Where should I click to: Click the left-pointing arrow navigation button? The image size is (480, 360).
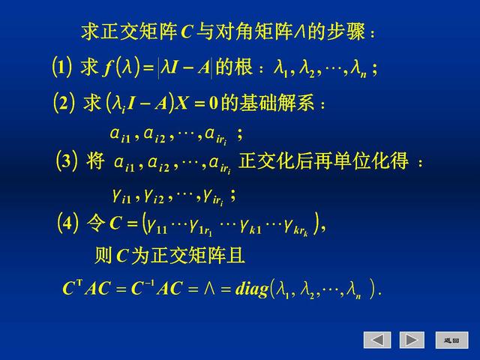point(377,340)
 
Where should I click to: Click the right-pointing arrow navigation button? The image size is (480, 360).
point(412,340)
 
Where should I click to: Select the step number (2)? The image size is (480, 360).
point(63,102)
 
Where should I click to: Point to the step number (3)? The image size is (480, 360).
point(67,161)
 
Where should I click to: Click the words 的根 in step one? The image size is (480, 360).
point(233,68)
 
